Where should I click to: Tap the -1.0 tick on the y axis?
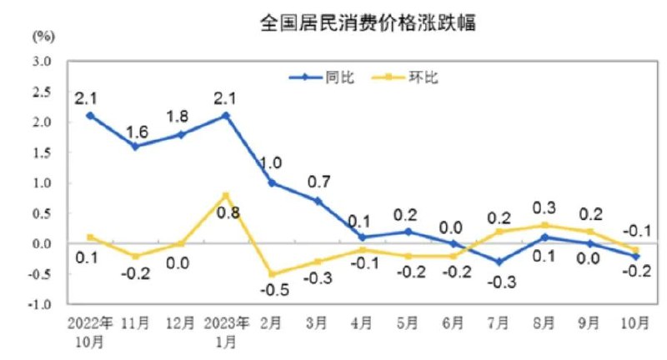tap(42, 304)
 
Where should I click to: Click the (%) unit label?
tap(44, 36)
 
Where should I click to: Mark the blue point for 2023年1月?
tap(226, 116)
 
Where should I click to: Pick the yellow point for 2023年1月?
tap(226, 195)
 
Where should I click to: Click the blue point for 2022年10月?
tap(89, 116)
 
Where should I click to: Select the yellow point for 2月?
tap(272, 273)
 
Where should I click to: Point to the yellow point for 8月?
tap(545, 225)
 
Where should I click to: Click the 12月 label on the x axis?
tap(180, 322)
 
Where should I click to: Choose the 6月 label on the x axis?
tap(454, 322)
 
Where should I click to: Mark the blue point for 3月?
tap(318, 201)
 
